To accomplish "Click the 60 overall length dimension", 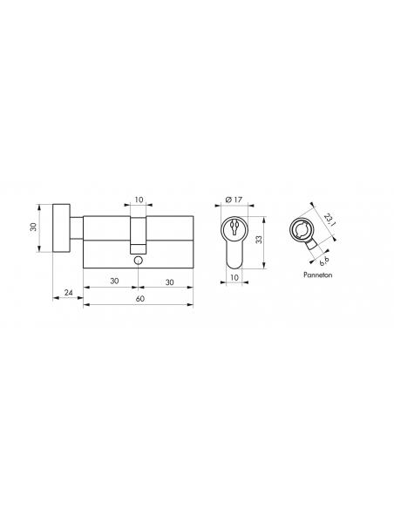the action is (139, 299).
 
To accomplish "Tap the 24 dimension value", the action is (68, 293).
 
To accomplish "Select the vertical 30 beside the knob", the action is (33, 227).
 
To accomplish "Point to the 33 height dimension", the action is (259, 240).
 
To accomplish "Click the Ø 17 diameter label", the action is (234, 200).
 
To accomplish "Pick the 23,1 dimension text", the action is (329, 220).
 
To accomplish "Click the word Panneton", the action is (318, 275).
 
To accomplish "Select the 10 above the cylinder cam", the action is (139, 200).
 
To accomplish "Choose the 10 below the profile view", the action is (234, 277).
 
